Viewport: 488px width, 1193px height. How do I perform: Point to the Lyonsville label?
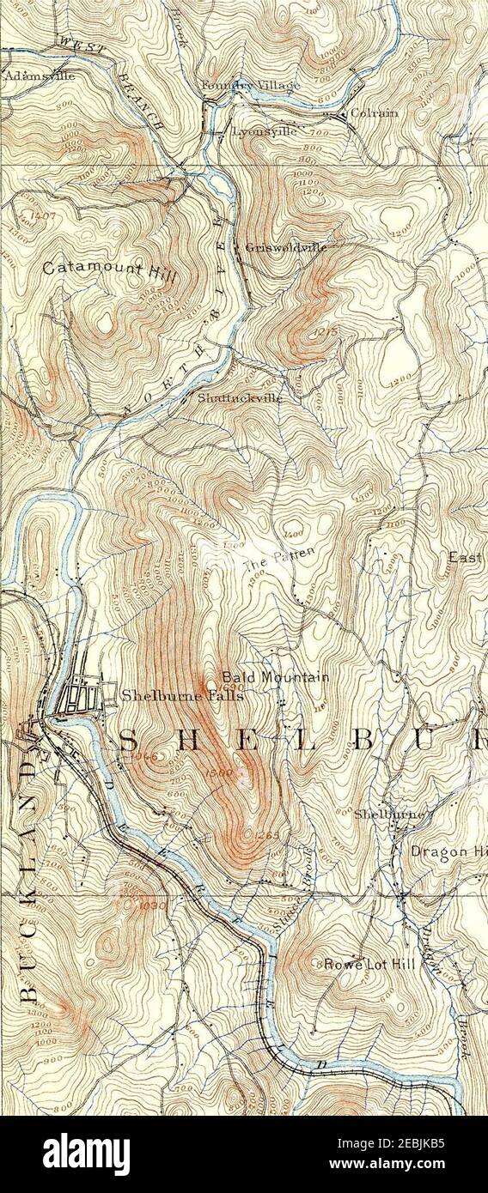pyautogui.click(x=265, y=131)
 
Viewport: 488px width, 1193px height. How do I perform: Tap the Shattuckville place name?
pyautogui.click(x=238, y=398)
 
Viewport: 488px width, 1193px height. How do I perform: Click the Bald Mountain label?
pyautogui.click(x=276, y=677)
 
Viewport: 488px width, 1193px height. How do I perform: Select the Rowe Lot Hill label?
pyautogui.click(x=369, y=964)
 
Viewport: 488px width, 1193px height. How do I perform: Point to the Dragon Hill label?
pyautogui.click(x=447, y=852)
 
